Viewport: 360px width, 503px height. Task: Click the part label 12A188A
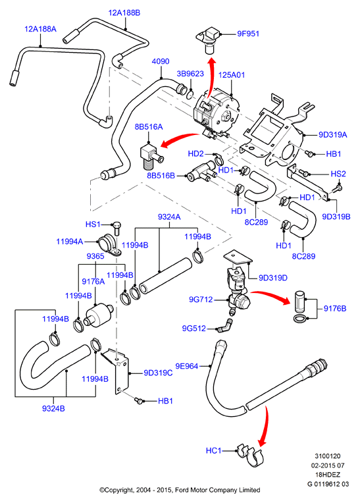(x=40, y=29)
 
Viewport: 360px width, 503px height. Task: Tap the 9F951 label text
(x=248, y=34)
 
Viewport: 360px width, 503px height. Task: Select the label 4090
(x=161, y=61)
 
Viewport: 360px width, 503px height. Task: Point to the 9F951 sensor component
(x=209, y=40)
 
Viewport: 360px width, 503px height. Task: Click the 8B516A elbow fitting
(x=151, y=155)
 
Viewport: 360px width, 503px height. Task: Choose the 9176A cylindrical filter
(x=98, y=314)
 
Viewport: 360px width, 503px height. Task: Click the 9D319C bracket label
(x=158, y=373)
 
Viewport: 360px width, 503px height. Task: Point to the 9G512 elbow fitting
(x=225, y=325)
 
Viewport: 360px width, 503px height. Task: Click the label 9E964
(x=186, y=366)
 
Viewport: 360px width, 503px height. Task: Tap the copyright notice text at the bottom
(x=180, y=490)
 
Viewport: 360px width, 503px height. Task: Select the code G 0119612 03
(x=328, y=484)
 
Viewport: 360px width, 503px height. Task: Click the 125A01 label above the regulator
(x=232, y=75)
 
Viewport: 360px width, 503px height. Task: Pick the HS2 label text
(x=338, y=174)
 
